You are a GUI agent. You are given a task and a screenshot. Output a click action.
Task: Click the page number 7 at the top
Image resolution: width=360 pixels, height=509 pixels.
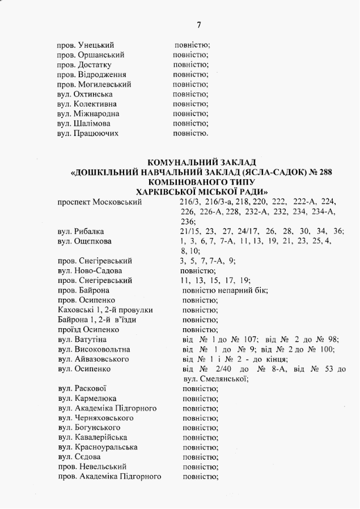coord(198,25)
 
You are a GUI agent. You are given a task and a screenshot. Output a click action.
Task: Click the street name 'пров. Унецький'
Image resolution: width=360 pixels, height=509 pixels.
coord(86,45)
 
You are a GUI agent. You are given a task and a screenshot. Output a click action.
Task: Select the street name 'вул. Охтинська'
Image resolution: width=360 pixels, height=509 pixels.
coord(84,94)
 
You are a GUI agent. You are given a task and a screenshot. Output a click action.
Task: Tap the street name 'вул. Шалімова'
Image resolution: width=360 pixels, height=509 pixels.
coord(84,124)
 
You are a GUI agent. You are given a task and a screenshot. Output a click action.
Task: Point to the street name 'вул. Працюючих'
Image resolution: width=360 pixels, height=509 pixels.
coord(88,134)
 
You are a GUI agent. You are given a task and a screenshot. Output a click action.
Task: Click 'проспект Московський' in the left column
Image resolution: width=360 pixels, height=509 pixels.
coord(94,202)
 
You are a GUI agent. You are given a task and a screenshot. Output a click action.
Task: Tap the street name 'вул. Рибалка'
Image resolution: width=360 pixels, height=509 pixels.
coord(81,231)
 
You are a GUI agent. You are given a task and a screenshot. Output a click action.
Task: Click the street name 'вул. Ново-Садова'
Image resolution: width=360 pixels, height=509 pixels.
coord(90,271)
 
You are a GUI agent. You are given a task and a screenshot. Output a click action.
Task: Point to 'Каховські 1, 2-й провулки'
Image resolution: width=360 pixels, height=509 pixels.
coord(105,310)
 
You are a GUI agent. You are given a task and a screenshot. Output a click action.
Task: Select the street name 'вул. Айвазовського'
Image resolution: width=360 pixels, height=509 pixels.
coord(93,359)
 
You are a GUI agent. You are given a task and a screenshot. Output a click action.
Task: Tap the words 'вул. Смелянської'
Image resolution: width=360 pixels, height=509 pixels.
coord(213,379)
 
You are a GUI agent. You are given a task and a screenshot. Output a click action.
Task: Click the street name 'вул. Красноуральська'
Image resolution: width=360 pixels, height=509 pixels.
coord(97,447)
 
